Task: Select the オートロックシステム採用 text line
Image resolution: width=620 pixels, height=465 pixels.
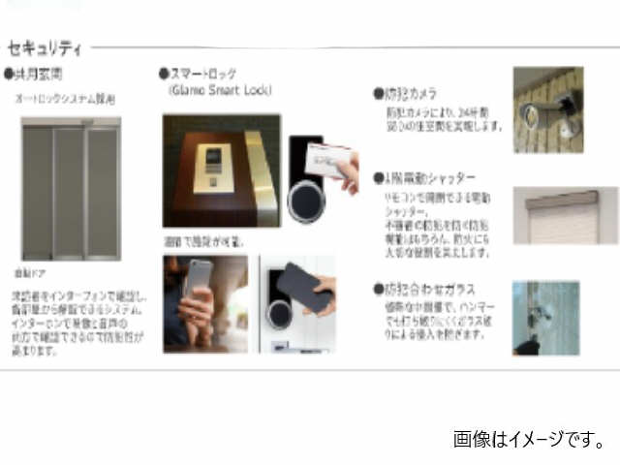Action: click(65, 99)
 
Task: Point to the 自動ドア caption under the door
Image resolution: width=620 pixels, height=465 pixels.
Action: click(29, 275)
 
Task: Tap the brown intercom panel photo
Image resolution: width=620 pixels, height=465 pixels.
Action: click(221, 170)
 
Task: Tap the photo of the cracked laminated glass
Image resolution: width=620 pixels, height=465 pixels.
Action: click(545, 318)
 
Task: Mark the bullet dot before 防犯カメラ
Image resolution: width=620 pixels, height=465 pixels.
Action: click(378, 95)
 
